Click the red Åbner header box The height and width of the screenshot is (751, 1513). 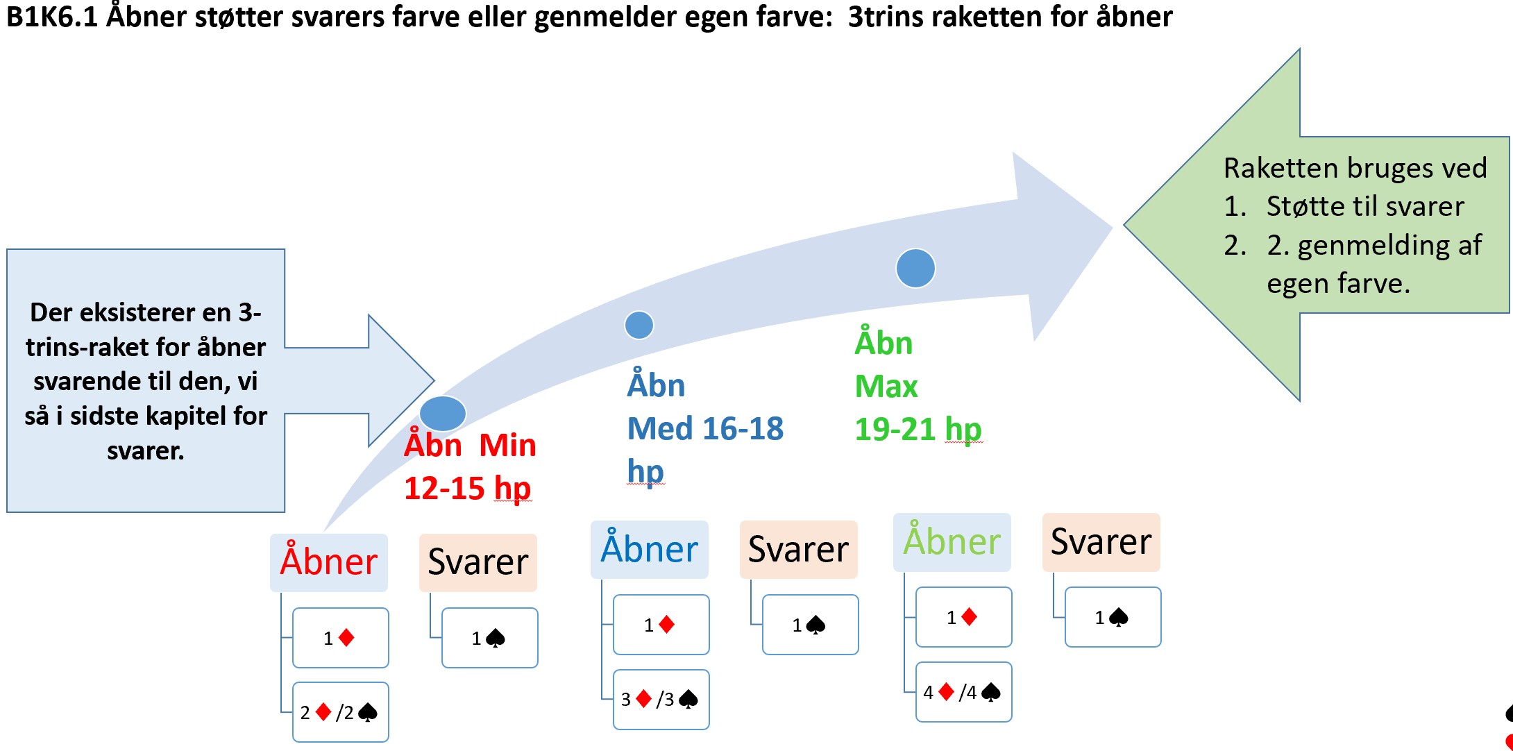[x=329, y=562]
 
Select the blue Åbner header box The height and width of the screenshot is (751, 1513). [x=650, y=549]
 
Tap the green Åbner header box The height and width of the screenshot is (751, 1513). [x=952, y=542]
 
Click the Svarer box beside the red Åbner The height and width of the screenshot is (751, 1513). [x=478, y=562]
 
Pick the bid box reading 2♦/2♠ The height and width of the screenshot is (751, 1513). [x=341, y=712]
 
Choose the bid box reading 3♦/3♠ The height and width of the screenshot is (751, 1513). [x=661, y=699]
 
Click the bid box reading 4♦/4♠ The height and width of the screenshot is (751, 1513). [x=964, y=692]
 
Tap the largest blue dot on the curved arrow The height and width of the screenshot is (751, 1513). [x=915, y=268]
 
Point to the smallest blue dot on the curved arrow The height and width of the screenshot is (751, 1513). [x=639, y=325]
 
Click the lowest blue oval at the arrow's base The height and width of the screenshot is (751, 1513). [x=443, y=414]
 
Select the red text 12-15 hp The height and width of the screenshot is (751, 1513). [x=468, y=488]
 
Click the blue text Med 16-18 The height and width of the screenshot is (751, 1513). [x=705, y=428]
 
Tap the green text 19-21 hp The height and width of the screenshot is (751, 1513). [x=918, y=429]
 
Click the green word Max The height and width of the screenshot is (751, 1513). [x=886, y=386]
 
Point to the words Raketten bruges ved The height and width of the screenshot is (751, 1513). [x=1355, y=168]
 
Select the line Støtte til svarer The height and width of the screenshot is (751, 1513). [x=1365, y=206]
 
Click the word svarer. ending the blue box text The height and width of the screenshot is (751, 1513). [x=146, y=451]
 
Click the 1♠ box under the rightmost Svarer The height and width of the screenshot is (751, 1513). [x=1113, y=617]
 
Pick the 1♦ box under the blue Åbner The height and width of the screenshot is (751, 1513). [x=661, y=625]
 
